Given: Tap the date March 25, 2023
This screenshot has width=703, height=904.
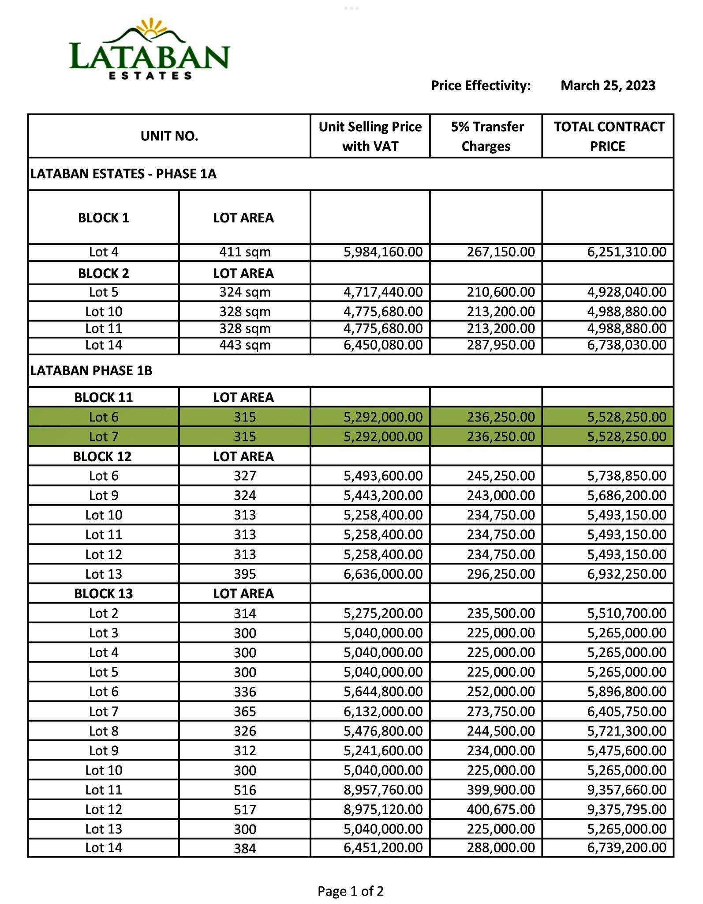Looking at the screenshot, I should [x=608, y=85].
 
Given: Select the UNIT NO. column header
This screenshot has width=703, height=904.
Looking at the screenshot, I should [x=169, y=136].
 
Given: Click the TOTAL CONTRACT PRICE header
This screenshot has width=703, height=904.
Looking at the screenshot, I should [x=608, y=136].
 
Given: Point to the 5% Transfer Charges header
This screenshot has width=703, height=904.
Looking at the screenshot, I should [x=486, y=136].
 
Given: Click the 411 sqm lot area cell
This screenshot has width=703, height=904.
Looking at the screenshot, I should [x=245, y=252].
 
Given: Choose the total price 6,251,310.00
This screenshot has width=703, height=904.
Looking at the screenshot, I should [x=626, y=252].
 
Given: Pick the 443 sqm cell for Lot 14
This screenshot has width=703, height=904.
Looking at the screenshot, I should [x=245, y=345].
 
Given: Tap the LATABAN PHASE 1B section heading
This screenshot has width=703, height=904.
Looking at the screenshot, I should [x=91, y=370].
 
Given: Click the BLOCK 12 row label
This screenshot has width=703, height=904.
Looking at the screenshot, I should [x=102, y=456].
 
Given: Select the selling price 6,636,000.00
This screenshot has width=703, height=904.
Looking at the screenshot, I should [x=383, y=574].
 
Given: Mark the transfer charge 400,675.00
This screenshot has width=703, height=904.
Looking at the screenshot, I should [x=501, y=809].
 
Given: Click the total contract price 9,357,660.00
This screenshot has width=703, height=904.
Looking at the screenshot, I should [x=626, y=790].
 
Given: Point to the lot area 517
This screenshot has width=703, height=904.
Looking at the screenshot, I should [x=245, y=810].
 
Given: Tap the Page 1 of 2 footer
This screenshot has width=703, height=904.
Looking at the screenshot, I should [x=351, y=891].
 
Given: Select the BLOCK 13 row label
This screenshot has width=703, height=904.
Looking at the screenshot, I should [x=103, y=593].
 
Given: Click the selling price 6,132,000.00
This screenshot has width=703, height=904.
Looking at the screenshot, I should [x=383, y=711].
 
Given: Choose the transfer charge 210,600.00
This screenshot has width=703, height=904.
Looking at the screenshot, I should [x=501, y=292].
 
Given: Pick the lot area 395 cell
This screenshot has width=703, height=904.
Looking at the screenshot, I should [x=245, y=574].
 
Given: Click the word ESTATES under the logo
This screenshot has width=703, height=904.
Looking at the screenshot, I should [x=150, y=75].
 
